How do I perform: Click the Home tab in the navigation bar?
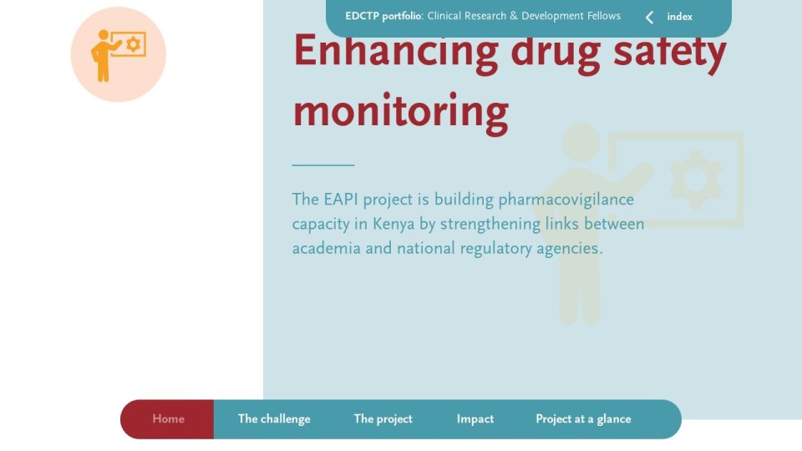point(168,418)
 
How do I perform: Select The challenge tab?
point(274,418)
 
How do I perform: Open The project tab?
point(383,418)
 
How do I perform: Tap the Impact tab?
point(475,418)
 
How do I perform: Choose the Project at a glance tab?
point(583,418)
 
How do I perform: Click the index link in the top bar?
point(679,17)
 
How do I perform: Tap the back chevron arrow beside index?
point(649,18)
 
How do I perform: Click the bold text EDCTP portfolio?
point(383,17)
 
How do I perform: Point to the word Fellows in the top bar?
point(603,16)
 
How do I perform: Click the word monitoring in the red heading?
point(400,112)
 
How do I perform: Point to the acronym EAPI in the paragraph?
point(341,199)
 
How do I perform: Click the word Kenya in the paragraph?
point(393,225)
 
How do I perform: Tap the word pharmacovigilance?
point(566,200)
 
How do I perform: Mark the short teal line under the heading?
point(323,165)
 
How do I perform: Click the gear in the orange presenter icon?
point(134,44)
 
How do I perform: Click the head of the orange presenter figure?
point(104,35)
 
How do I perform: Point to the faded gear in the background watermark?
point(696,180)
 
